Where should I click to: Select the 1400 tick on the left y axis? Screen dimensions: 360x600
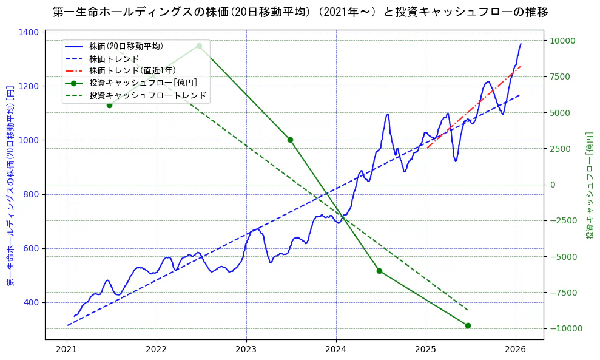coord(30,32)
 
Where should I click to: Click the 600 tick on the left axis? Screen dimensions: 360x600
coord(32,248)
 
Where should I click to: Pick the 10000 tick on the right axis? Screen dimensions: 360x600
coord(563,41)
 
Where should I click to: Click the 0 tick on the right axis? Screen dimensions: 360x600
coord(553,185)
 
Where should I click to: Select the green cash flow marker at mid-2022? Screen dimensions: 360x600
coord(199,46)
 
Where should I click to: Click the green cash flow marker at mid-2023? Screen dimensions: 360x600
coord(290,140)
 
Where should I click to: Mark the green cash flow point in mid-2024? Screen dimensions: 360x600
coord(379,271)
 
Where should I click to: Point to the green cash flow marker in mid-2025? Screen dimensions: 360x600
coord(468,325)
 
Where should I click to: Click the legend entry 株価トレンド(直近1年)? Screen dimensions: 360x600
coord(132,70)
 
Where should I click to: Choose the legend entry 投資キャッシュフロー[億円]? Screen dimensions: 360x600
coord(143,83)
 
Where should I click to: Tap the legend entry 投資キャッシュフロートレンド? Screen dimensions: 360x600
coord(147,95)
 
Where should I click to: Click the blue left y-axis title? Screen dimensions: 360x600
coord(10,185)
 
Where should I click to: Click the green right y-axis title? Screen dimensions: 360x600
coord(589,185)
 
